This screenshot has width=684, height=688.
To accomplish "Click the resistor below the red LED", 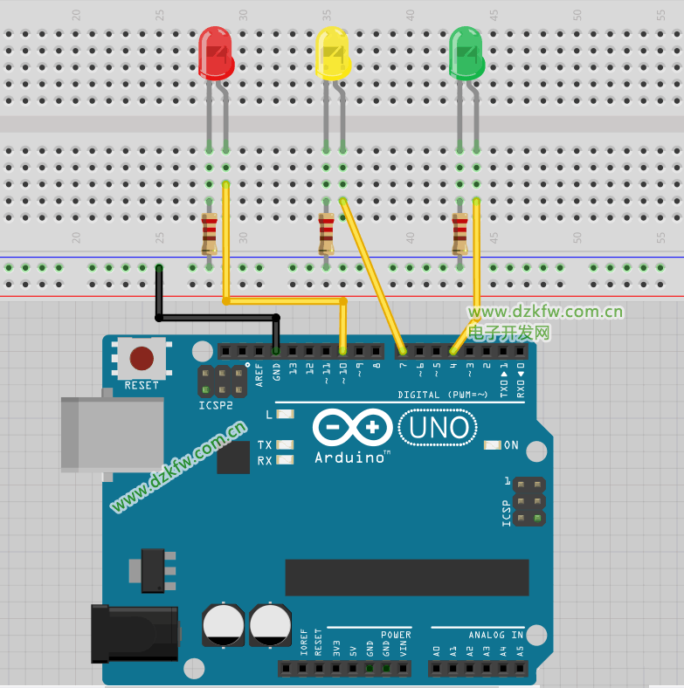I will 209,233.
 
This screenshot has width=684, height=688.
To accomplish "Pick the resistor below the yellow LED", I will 326,233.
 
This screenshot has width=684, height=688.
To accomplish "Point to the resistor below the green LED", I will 459,233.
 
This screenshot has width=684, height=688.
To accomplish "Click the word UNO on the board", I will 438,427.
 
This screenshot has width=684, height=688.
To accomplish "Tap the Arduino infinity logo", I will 352,428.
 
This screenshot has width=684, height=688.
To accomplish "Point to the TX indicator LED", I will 284,444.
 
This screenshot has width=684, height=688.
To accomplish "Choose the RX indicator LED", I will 284,460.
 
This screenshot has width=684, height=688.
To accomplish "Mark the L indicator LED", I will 284,415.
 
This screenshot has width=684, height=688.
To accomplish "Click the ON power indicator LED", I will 492,445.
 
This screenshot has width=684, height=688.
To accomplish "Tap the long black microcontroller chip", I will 406,577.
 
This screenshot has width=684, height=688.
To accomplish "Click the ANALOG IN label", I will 495,635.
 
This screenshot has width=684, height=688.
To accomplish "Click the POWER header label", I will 395,635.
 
